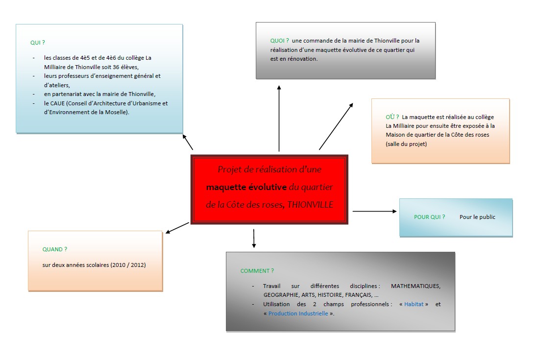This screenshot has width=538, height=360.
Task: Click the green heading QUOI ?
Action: (x=279, y=41)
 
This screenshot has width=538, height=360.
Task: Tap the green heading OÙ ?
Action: (x=392, y=117)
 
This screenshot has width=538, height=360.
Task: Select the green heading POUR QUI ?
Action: (x=429, y=217)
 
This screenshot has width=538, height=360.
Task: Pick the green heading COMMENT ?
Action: (x=257, y=271)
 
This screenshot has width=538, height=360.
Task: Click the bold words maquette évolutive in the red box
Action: (x=246, y=187)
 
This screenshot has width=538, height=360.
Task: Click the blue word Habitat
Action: (x=414, y=304)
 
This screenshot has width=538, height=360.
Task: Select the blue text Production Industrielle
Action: (x=298, y=313)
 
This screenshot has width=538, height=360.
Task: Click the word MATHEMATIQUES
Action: (x=416, y=286)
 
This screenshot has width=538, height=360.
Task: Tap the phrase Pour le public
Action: (x=477, y=217)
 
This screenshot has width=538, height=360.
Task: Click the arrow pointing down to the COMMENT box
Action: (x=253, y=238)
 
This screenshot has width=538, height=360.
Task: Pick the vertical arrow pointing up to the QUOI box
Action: (x=279, y=118)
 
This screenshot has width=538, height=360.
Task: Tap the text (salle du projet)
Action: (x=406, y=144)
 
